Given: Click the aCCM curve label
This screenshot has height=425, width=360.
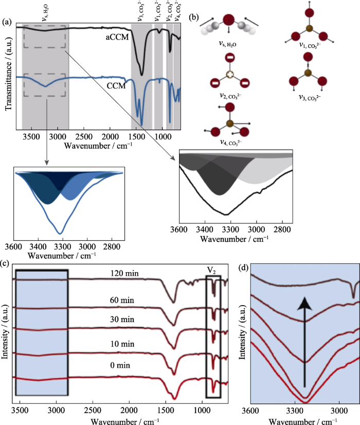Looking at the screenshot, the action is [117, 37].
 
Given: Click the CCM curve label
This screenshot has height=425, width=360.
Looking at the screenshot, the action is [116, 86].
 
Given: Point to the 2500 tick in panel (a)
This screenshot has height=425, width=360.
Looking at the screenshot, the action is [84, 137].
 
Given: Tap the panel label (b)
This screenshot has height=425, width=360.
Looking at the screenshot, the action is [194, 17].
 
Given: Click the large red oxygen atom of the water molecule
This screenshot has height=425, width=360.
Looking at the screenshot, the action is [229, 20].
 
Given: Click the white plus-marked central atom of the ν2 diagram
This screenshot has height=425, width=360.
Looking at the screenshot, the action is [229, 74].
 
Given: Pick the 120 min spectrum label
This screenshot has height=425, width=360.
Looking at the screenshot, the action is [124, 273].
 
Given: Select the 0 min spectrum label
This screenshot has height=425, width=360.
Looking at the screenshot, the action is [120, 365].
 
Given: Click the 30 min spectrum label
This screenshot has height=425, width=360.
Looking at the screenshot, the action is [122, 320].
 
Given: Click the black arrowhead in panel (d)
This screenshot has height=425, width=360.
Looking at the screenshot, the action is [305, 304].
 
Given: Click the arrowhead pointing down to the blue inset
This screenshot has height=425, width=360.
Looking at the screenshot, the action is [47, 163].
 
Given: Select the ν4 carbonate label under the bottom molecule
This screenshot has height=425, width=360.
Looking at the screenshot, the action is [230, 143].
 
